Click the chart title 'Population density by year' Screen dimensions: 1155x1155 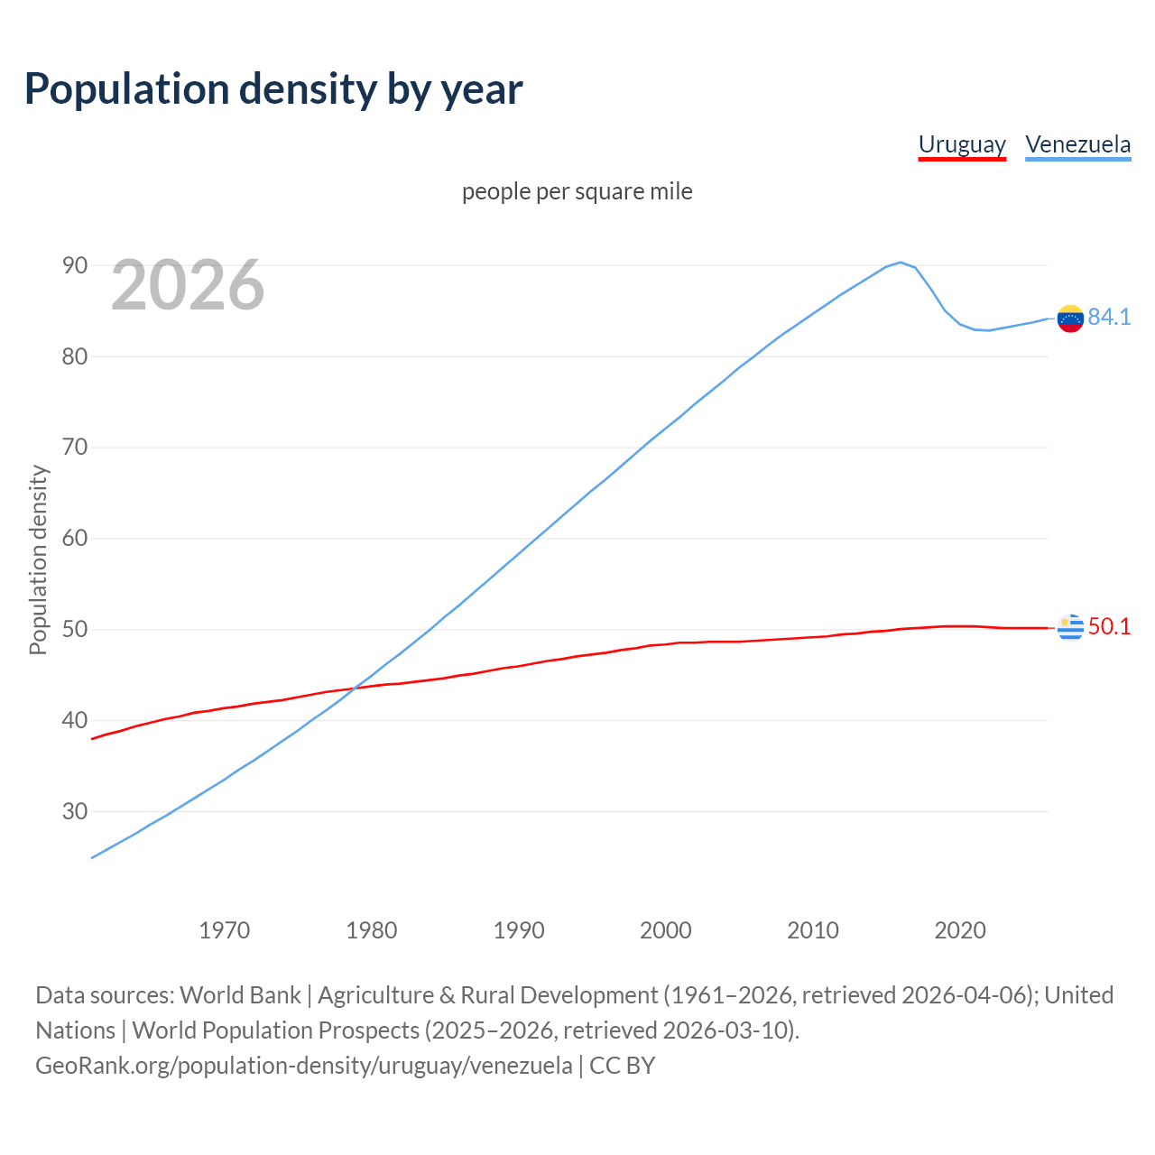(x=273, y=89)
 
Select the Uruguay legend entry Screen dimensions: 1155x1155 (x=962, y=144)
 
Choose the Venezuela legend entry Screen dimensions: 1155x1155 (x=1077, y=144)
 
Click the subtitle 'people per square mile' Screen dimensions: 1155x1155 (x=577, y=191)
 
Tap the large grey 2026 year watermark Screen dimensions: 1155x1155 (x=188, y=285)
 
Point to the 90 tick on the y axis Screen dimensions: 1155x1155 (x=75, y=265)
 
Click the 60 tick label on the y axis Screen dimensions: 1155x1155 (x=75, y=539)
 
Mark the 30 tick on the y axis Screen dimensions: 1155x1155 (x=75, y=811)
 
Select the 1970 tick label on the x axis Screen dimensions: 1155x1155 (x=224, y=930)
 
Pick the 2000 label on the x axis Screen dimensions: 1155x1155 (x=665, y=930)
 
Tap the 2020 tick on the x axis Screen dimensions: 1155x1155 (x=959, y=930)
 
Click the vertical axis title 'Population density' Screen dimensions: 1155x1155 (x=38, y=559)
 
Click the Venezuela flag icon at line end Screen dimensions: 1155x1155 (x=1070, y=319)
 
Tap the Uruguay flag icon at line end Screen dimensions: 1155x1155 (x=1070, y=626)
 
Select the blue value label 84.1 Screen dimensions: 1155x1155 (x=1109, y=317)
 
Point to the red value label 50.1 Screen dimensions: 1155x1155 (x=1109, y=626)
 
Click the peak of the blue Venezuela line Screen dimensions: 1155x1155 (x=901, y=263)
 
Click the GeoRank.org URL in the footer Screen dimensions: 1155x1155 (x=303, y=1065)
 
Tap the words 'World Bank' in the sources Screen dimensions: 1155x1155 (x=240, y=994)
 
